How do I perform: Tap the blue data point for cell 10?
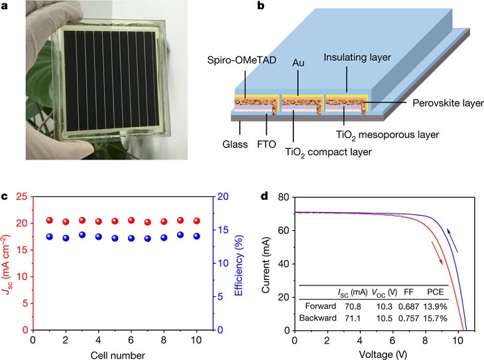point(196,236)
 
